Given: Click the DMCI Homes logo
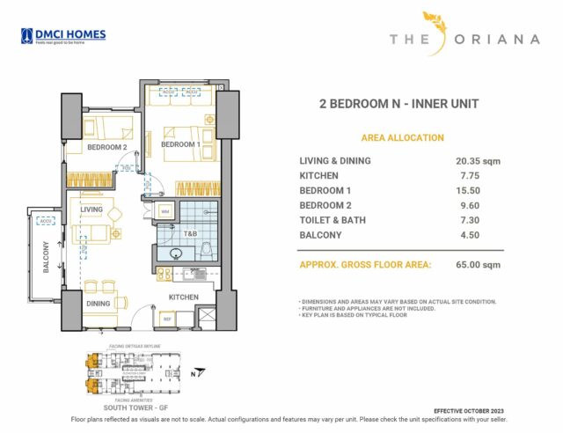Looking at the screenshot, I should [x=62, y=36].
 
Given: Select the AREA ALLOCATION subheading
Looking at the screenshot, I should [x=402, y=138].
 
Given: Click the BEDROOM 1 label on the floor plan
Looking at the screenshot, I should [x=180, y=144].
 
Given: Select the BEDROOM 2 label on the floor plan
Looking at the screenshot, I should [x=107, y=148].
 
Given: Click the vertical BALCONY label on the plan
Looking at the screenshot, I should [x=47, y=259].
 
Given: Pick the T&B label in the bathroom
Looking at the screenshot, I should [x=189, y=234].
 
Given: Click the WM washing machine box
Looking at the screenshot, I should [x=165, y=212].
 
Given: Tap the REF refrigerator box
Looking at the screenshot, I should [x=165, y=318].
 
